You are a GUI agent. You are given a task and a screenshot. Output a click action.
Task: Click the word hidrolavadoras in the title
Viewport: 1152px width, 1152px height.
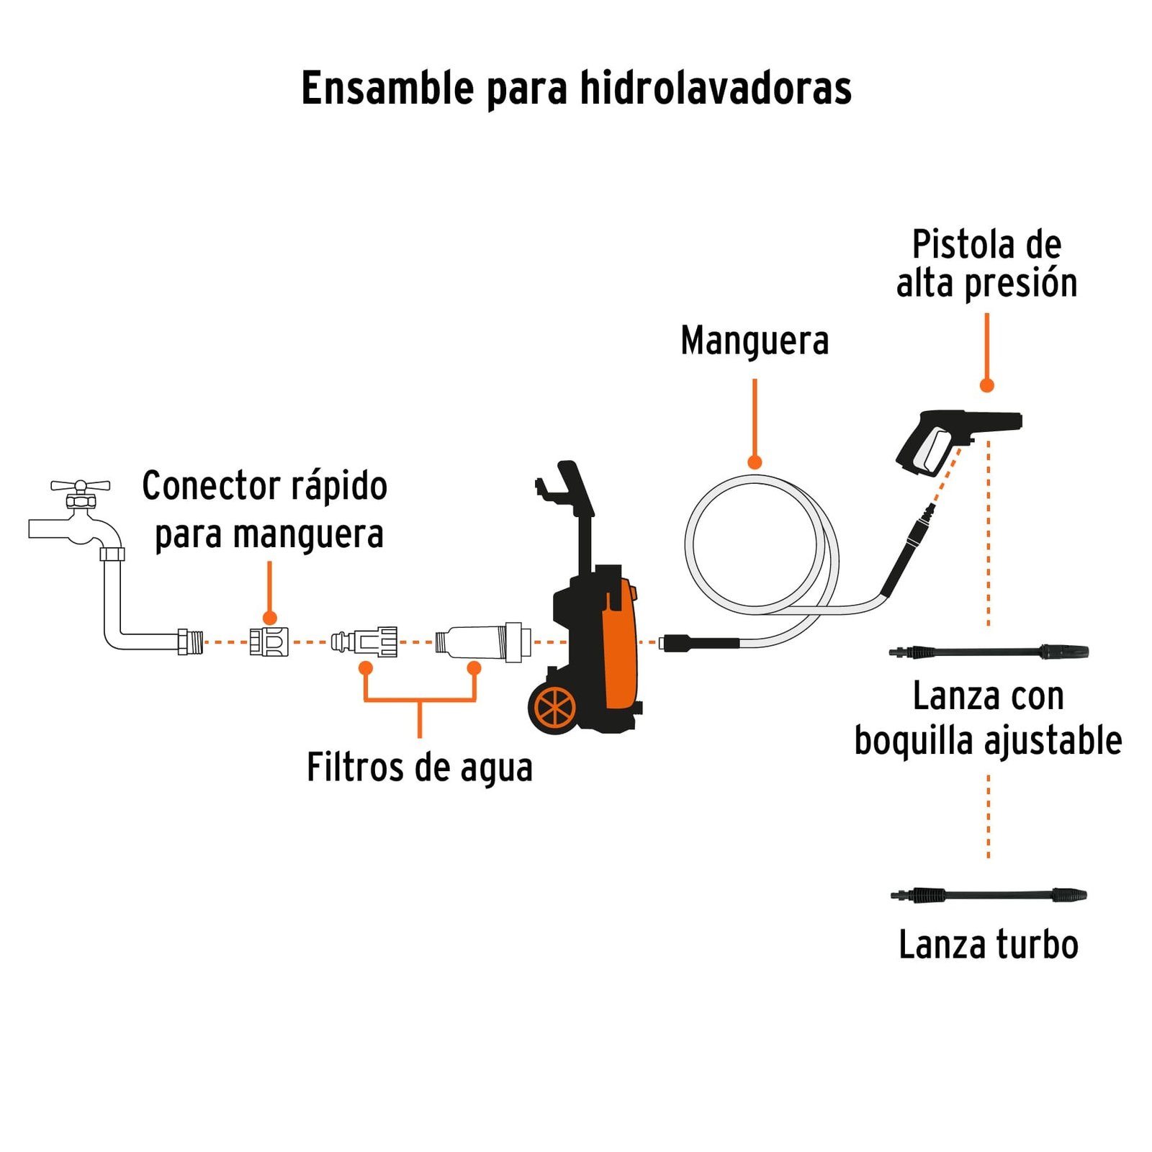coord(716,89)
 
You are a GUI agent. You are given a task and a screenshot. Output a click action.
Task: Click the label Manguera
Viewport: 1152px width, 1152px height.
coord(755,341)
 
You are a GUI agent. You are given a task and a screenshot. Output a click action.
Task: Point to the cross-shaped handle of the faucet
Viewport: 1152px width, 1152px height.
coord(80,486)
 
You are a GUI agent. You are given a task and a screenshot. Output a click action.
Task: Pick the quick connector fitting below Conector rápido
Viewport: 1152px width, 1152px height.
coord(269,642)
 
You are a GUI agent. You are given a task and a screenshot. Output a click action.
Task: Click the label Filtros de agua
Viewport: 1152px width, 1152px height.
coord(419,768)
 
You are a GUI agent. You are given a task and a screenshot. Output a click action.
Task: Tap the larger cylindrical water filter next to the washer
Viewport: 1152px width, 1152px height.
coord(482,642)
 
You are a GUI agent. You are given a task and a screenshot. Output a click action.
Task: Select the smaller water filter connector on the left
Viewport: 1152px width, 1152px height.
coord(365,642)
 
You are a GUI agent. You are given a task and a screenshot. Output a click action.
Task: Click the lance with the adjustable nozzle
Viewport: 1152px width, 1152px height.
coord(989,652)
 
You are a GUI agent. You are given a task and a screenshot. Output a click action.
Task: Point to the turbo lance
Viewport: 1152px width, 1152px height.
coord(989,896)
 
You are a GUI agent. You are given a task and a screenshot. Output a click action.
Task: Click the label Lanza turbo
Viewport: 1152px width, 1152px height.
coord(989,945)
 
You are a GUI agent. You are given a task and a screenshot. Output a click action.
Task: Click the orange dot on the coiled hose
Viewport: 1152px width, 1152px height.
coord(755,462)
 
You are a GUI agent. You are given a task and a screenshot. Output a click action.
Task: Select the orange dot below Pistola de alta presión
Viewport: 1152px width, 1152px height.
coord(987,385)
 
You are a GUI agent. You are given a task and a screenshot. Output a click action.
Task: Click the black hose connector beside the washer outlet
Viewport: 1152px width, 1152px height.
coord(698,642)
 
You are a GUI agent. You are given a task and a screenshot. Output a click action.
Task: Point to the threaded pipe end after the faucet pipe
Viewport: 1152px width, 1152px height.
coord(191,642)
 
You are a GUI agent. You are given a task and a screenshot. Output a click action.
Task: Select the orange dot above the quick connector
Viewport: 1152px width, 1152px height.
coord(270,618)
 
